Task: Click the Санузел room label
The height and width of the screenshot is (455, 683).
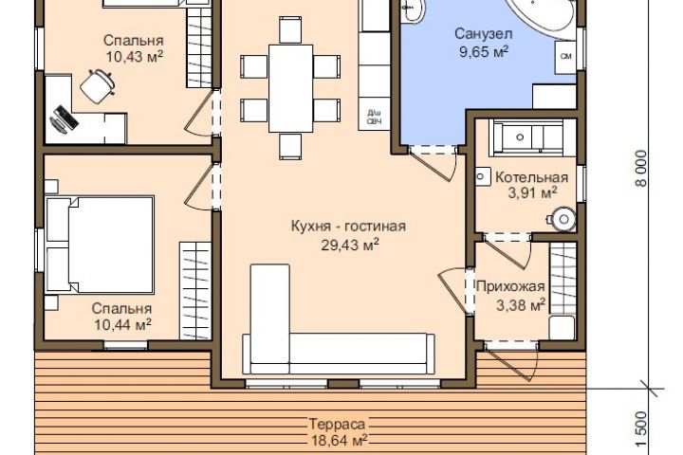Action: (x=484, y=33)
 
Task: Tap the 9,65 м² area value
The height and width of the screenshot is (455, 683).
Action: (x=484, y=52)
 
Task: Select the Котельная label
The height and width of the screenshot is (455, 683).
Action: (x=532, y=177)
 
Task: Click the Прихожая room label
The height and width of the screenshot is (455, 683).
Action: (x=510, y=286)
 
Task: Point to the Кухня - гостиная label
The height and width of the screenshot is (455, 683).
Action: (x=348, y=227)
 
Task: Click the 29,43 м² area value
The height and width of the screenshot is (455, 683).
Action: (x=350, y=245)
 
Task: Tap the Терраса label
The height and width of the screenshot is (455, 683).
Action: (x=337, y=424)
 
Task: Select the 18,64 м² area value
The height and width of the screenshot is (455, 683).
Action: (x=339, y=440)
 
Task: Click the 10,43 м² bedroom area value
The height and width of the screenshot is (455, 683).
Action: (x=135, y=56)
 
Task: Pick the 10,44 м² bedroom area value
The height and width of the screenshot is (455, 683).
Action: (x=122, y=324)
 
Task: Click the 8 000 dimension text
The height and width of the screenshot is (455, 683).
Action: (x=641, y=169)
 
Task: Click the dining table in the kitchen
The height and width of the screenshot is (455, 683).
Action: (x=290, y=88)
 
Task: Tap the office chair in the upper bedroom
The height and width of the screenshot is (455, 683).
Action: (x=98, y=85)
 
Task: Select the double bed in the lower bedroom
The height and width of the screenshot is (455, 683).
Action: (x=100, y=245)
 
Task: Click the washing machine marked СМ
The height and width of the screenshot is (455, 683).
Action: (x=565, y=57)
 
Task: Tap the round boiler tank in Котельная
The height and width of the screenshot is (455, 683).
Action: (x=563, y=219)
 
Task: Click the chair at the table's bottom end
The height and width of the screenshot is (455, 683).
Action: (x=290, y=146)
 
